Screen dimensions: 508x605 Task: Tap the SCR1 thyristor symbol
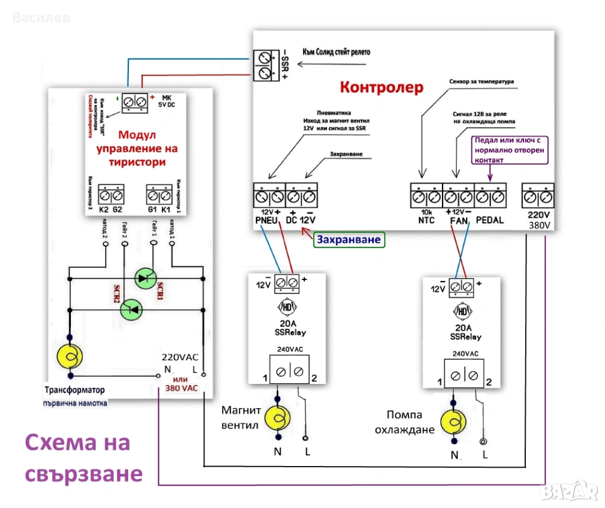click(x=144, y=278)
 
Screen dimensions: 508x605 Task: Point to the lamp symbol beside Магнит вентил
click(x=278, y=418)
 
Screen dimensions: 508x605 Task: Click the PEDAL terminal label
click(x=490, y=220)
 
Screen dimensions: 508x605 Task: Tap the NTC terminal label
click(x=426, y=220)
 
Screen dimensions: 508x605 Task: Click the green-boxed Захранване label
click(x=349, y=240)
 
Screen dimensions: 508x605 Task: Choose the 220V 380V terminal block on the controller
click(x=538, y=196)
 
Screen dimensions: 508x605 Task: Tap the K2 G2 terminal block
click(x=112, y=194)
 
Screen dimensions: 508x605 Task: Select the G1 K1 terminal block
click(x=159, y=194)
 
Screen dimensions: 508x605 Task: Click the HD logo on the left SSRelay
click(x=285, y=307)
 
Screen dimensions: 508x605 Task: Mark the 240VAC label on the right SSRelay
click(x=465, y=354)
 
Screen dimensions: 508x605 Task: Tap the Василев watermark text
click(x=41, y=18)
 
